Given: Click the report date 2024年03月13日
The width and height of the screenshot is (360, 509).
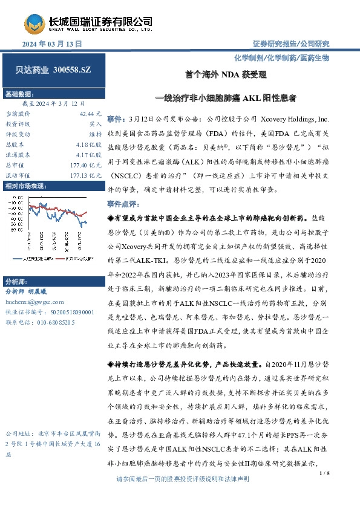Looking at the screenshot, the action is point(52,45).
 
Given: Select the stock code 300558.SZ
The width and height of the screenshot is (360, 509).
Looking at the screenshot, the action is point(71,71).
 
